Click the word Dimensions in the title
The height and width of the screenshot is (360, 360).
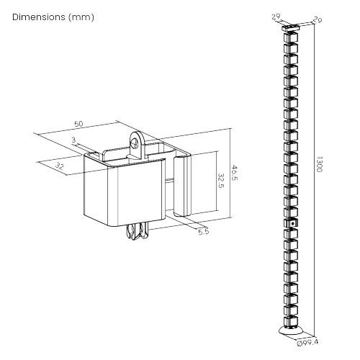[39, 17]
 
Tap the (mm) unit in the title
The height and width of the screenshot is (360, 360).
[81, 17]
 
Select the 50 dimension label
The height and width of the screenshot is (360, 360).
[78, 124]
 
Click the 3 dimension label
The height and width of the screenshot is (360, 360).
[73, 140]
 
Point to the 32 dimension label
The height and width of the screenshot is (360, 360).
[59, 166]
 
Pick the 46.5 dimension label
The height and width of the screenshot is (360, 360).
[234, 173]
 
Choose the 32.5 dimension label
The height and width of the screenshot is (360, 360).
[220, 181]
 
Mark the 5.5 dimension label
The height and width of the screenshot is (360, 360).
[204, 232]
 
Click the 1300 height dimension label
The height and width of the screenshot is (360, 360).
[319, 164]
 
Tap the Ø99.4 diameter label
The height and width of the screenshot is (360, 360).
[307, 343]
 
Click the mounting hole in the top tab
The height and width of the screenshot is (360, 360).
[135, 144]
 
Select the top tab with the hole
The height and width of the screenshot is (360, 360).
[137, 145]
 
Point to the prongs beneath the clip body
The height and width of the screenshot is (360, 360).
[138, 232]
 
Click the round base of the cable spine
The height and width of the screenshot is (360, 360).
[291, 330]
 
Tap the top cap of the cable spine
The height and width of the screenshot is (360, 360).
[291, 27]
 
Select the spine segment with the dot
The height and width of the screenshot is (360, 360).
[291, 223]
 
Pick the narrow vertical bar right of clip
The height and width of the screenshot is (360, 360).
[182, 185]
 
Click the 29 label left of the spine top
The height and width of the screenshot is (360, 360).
[276, 17]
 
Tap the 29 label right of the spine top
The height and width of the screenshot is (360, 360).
[318, 19]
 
